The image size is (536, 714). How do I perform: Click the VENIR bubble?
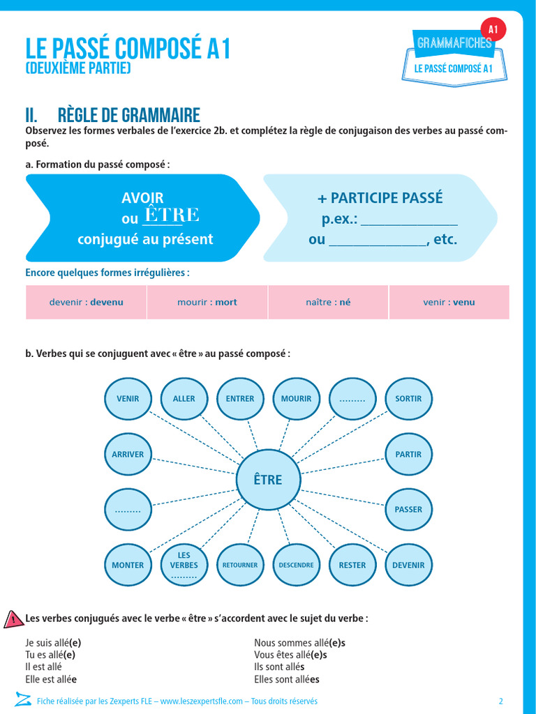point(128,399)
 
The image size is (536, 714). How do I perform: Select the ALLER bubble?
point(184,399)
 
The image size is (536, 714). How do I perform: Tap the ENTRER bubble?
point(240,399)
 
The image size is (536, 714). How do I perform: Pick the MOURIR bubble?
point(296,399)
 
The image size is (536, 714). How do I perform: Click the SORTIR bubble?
point(408,399)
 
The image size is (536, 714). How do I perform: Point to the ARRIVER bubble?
point(128,455)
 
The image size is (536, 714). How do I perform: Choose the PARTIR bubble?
point(408,455)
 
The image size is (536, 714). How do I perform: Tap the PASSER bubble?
point(408,510)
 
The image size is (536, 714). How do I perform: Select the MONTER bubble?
point(128,565)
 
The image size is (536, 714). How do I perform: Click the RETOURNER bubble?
point(240,565)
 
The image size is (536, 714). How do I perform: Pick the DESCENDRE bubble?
point(296,565)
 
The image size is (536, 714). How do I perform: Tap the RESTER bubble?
point(352,565)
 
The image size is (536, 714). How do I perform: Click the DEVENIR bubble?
point(408,565)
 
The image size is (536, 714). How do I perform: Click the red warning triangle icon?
point(13,618)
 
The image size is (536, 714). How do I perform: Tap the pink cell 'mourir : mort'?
point(207,303)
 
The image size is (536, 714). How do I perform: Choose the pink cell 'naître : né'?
point(328,303)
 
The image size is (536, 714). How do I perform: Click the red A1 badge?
point(493,29)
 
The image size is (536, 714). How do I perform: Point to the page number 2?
point(500,701)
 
